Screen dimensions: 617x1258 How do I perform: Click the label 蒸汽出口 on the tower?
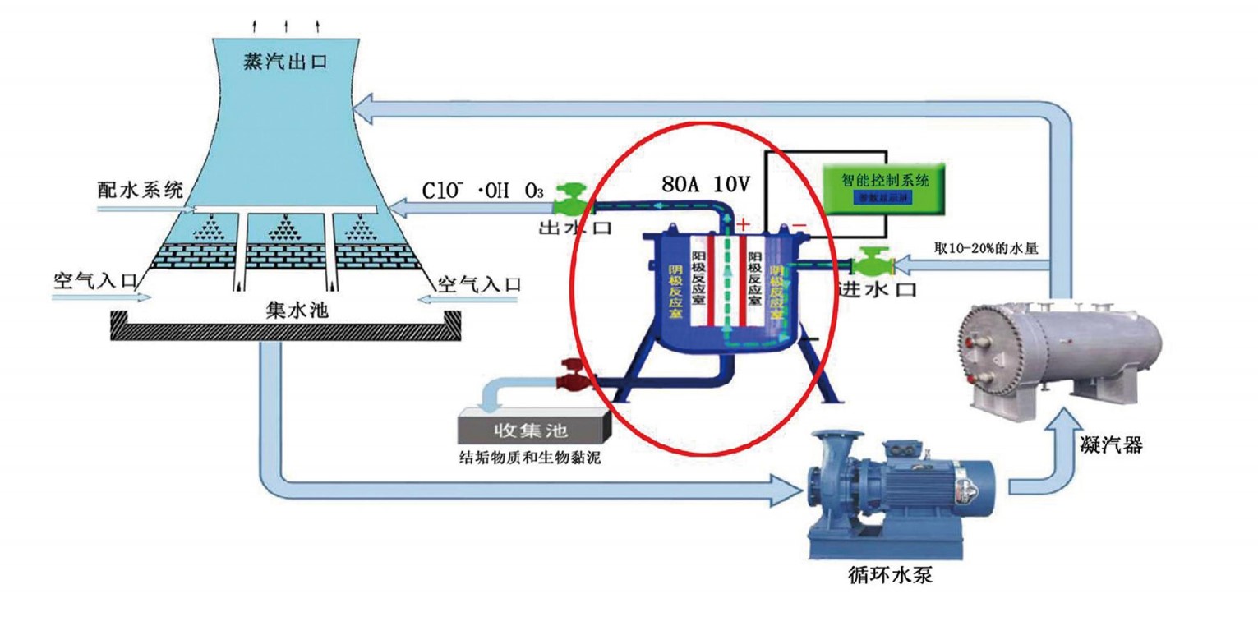click(x=285, y=62)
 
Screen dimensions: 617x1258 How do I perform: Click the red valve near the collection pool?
click(x=571, y=378)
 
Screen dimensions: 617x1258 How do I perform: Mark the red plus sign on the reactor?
click(x=744, y=223)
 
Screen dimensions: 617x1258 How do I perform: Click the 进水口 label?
click(x=874, y=289)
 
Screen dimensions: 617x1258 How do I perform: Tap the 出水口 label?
click(x=574, y=228)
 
